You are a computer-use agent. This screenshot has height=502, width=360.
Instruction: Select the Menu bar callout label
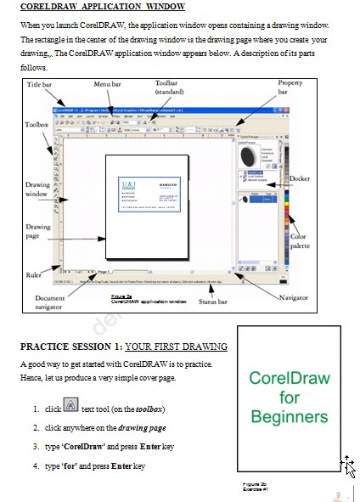107,85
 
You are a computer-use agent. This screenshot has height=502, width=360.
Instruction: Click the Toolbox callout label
37,124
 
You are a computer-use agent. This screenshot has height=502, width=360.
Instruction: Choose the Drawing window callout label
37,189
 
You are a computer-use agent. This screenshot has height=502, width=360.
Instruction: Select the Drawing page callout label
38,231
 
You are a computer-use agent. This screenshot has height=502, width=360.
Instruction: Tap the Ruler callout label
35,274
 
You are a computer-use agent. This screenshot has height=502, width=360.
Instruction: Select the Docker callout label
300,179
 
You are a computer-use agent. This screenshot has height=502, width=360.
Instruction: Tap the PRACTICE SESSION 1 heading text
124,347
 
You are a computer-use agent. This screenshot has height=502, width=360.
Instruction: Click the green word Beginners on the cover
289,417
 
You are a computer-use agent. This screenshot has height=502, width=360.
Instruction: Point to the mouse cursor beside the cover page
348,465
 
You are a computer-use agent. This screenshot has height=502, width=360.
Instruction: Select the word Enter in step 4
121,466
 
